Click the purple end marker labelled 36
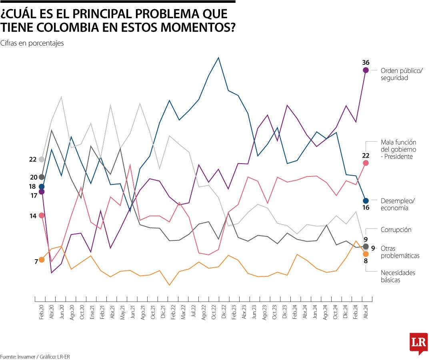(x=366, y=70)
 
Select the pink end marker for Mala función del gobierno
(x=366, y=163)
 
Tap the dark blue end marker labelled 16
(x=366, y=201)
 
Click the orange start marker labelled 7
(x=42, y=260)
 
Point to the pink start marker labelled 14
(x=42, y=215)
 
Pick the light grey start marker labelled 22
(x=42, y=159)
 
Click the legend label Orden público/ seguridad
(x=401, y=74)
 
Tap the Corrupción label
(x=396, y=230)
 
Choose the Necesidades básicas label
(x=398, y=276)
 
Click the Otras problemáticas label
(x=400, y=252)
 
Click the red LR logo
(x=418, y=343)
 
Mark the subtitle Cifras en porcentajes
(x=32, y=43)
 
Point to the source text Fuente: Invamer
(x=18, y=356)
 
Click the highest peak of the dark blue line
(x=218, y=58)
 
